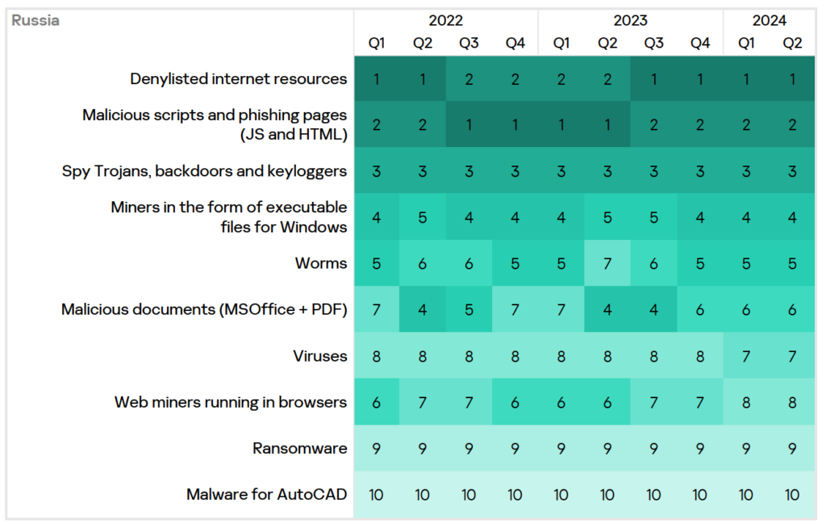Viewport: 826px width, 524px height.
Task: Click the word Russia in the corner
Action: [x=35, y=21]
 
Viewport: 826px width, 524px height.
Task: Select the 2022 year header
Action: [x=446, y=21]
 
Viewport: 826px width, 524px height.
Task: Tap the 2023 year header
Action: [x=631, y=21]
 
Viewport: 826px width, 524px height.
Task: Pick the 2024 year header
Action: [x=770, y=21]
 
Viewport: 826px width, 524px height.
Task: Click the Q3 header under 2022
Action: [x=469, y=44]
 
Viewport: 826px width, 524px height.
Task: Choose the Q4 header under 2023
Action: [x=700, y=44]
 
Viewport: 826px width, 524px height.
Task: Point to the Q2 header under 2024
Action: [x=793, y=44]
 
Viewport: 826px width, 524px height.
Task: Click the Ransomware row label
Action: [x=299, y=448]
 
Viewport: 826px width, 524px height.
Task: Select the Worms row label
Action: [x=321, y=263]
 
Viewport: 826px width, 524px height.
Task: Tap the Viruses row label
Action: [x=320, y=356]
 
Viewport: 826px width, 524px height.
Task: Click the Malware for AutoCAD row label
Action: [x=267, y=494]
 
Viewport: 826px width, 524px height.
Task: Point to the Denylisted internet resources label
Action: [x=239, y=79]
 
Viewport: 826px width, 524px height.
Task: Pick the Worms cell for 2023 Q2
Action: [x=607, y=263]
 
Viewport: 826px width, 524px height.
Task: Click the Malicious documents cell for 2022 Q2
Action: [x=423, y=309]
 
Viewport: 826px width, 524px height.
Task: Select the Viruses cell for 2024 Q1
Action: [x=746, y=356]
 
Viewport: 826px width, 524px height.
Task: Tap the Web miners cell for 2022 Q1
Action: [x=376, y=402]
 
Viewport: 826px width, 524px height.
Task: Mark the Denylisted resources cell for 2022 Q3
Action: [x=469, y=79]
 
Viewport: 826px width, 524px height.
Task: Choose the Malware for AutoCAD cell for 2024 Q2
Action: [x=793, y=494]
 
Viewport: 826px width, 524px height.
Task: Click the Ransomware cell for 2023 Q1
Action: [x=561, y=448]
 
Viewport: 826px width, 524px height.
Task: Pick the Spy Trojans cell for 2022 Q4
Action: [x=515, y=171]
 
